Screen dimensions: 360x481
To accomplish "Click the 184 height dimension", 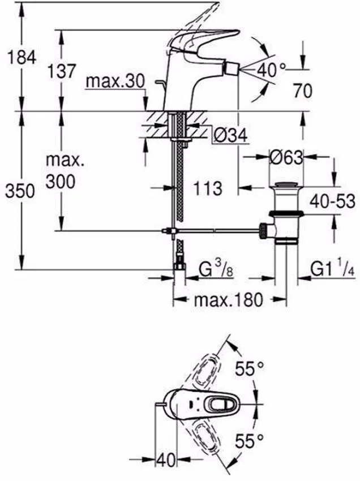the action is tap(22, 57).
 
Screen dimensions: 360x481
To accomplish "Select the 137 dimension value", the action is tap(61, 71).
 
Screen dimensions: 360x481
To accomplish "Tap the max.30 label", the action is tap(115, 81).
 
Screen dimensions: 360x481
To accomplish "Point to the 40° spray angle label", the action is tap(272, 70).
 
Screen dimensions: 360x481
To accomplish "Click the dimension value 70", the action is tap(302, 91).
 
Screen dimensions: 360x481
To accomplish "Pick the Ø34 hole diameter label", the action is tap(230, 135).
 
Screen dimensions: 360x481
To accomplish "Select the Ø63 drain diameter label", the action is tap(286, 158).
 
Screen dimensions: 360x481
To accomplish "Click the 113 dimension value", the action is tap(208, 188).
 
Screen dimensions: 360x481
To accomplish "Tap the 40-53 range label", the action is tap(332, 201).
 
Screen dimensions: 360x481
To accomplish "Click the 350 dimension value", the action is tap(20, 191).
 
